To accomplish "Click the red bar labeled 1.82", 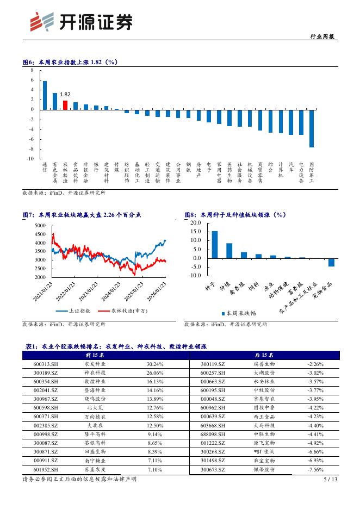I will (65, 105).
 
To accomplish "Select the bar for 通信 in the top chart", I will (45, 95).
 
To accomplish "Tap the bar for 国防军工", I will (312, 128).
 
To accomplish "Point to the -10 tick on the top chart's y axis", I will (30, 158).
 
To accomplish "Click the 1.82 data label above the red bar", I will (65, 94).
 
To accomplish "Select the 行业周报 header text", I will (325, 37).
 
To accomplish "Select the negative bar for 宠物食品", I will (331, 262).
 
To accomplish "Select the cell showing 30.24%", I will (154, 364).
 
